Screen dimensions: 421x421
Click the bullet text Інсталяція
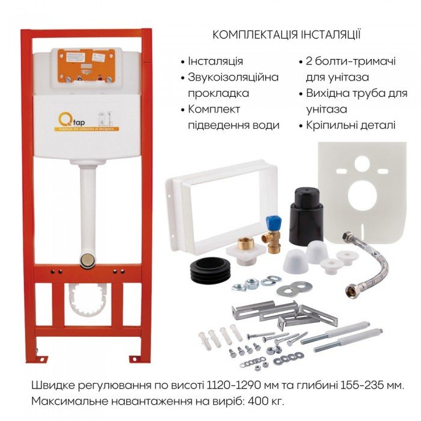tap(215, 61)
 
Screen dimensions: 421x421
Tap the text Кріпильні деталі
tap(351, 125)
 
